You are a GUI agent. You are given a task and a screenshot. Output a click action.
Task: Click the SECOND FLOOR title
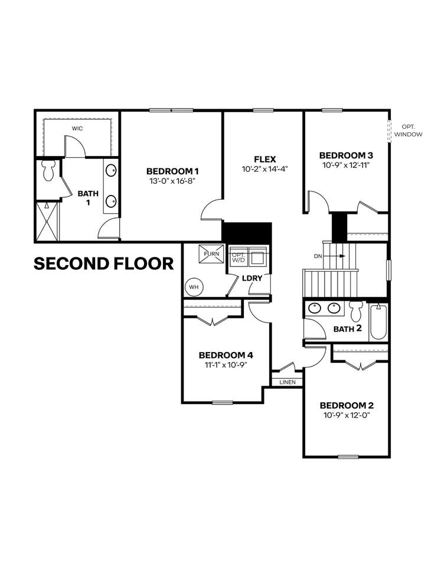[104, 263]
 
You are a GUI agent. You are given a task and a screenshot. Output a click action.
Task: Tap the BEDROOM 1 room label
[172, 171]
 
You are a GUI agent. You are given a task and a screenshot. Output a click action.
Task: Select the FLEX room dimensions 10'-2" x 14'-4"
[264, 169]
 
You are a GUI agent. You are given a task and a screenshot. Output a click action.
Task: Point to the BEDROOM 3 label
[346, 155]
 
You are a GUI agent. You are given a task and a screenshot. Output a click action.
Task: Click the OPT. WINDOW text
[408, 131]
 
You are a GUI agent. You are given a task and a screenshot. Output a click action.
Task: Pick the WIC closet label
[77, 128]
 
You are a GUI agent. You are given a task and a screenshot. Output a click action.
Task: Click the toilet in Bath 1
[48, 170]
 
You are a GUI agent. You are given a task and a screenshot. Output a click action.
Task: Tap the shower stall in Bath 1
[47, 221]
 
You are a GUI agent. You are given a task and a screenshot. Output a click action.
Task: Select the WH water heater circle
[194, 287]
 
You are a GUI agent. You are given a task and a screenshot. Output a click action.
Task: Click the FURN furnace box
[211, 254]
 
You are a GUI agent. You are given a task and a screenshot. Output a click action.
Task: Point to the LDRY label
[252, 278]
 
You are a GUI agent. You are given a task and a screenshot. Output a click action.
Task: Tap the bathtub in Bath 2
[378, 321]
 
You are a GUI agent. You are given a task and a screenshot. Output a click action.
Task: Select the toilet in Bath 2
[357, 311]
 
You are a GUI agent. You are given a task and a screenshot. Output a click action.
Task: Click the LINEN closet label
[287, 382]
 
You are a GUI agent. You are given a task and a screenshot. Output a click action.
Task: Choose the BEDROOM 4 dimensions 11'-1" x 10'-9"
[226, 365]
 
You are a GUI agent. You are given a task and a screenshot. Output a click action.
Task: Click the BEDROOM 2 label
[347, 405]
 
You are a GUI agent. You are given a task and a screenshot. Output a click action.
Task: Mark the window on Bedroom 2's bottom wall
[348, 457]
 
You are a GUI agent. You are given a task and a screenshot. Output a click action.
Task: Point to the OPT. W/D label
[238, 258]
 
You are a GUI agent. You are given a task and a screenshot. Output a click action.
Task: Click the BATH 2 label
[347, 329]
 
